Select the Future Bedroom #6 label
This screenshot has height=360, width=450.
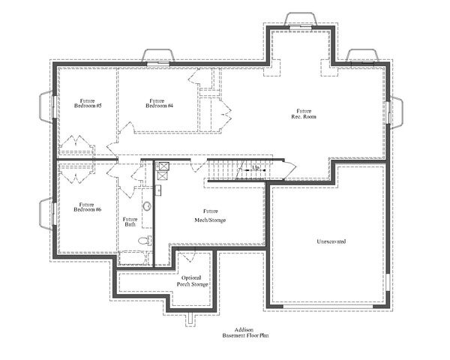tap(87, 207)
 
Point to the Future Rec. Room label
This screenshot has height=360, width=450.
tap(302, 114)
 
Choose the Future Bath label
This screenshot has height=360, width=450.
tap(130, 222)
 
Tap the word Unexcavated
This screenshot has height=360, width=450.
tap(331, 241)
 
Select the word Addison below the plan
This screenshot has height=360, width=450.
tap(243, 330)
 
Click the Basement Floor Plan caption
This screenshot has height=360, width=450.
tap(243, 337)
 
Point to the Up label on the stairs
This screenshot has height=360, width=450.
tap(256, 167)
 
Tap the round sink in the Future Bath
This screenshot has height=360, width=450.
tap(147, 205)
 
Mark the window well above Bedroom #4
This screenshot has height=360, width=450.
tap(158, 56)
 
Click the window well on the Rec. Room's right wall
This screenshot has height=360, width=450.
tap(397, 112)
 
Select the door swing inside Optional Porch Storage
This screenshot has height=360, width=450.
tap(186, 256)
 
